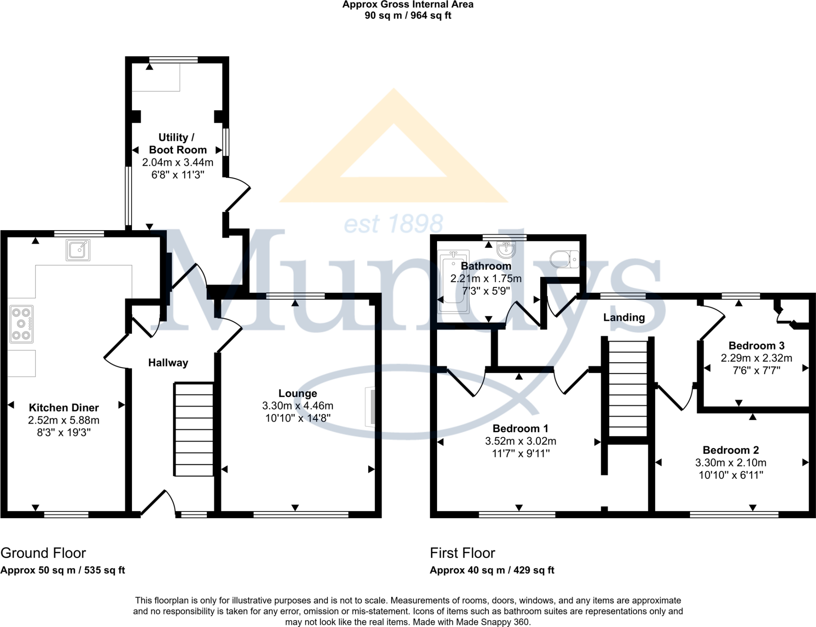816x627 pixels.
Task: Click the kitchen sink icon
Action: pyautogui.click(x=78, y=249)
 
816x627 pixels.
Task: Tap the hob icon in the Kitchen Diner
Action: pyautogui.click(x=22, y=324)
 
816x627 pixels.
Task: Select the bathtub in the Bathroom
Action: pyautogui.click(x=453, y=281)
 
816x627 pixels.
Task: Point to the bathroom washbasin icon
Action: pyautogui.click(x=506, y=249)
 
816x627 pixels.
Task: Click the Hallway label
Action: pyautogui.click(x=168, y=362)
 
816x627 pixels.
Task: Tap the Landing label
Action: pyautogui.click(x=624, y=317)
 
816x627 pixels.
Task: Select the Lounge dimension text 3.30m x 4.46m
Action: pyautogui.click(x=298, y=406)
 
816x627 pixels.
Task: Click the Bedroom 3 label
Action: pyautogui.click(x=756, y=345)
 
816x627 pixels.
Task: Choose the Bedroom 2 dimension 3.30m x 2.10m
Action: pyautogui.click(x=731, y=462)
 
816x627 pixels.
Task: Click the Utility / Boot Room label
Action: pyautogui.click(x=177, y=143)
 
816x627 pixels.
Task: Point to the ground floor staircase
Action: pyautogui.click(x=194, y=429)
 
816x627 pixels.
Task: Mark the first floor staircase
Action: pyautogui.click(x=628, y=389)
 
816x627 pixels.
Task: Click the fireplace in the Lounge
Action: pyautogui.click(x=370, y=407)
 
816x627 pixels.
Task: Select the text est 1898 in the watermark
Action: pyautogui.click(x=393, y=224)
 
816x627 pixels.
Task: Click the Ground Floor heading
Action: pyautogui.click(x=43, y=553)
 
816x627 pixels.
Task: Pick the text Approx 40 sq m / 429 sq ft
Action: pyautogui.click(x=492, y=570)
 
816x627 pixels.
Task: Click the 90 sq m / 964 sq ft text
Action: pyautogui.click(x=408, y=16)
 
